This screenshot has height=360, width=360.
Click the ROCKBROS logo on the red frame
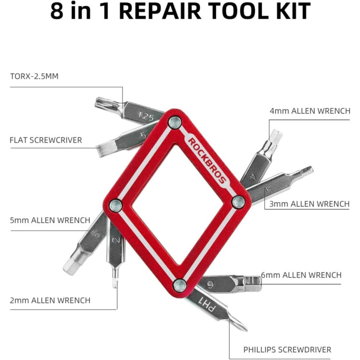pos(205,156)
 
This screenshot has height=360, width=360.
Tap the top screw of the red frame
pos(175,122)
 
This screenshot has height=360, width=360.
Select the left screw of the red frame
pos(115,206)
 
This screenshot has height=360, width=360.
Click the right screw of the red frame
pos(238,202)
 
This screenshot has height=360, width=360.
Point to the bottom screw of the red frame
pos(179,285)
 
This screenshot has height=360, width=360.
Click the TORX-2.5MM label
pos(34,76)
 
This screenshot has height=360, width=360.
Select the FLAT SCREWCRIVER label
pos(46,140)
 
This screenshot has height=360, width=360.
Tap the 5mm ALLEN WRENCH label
pos(50,220)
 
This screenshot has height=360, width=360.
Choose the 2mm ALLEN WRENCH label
pos(50,300)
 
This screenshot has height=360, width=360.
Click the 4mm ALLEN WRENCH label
pos(310,111)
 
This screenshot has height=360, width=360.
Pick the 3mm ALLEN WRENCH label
pos(310,204)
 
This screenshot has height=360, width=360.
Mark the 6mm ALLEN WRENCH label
pos(301,275)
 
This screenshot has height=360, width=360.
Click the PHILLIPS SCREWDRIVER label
pos(287,349)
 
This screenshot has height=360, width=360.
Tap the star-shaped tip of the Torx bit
pos(102,102)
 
